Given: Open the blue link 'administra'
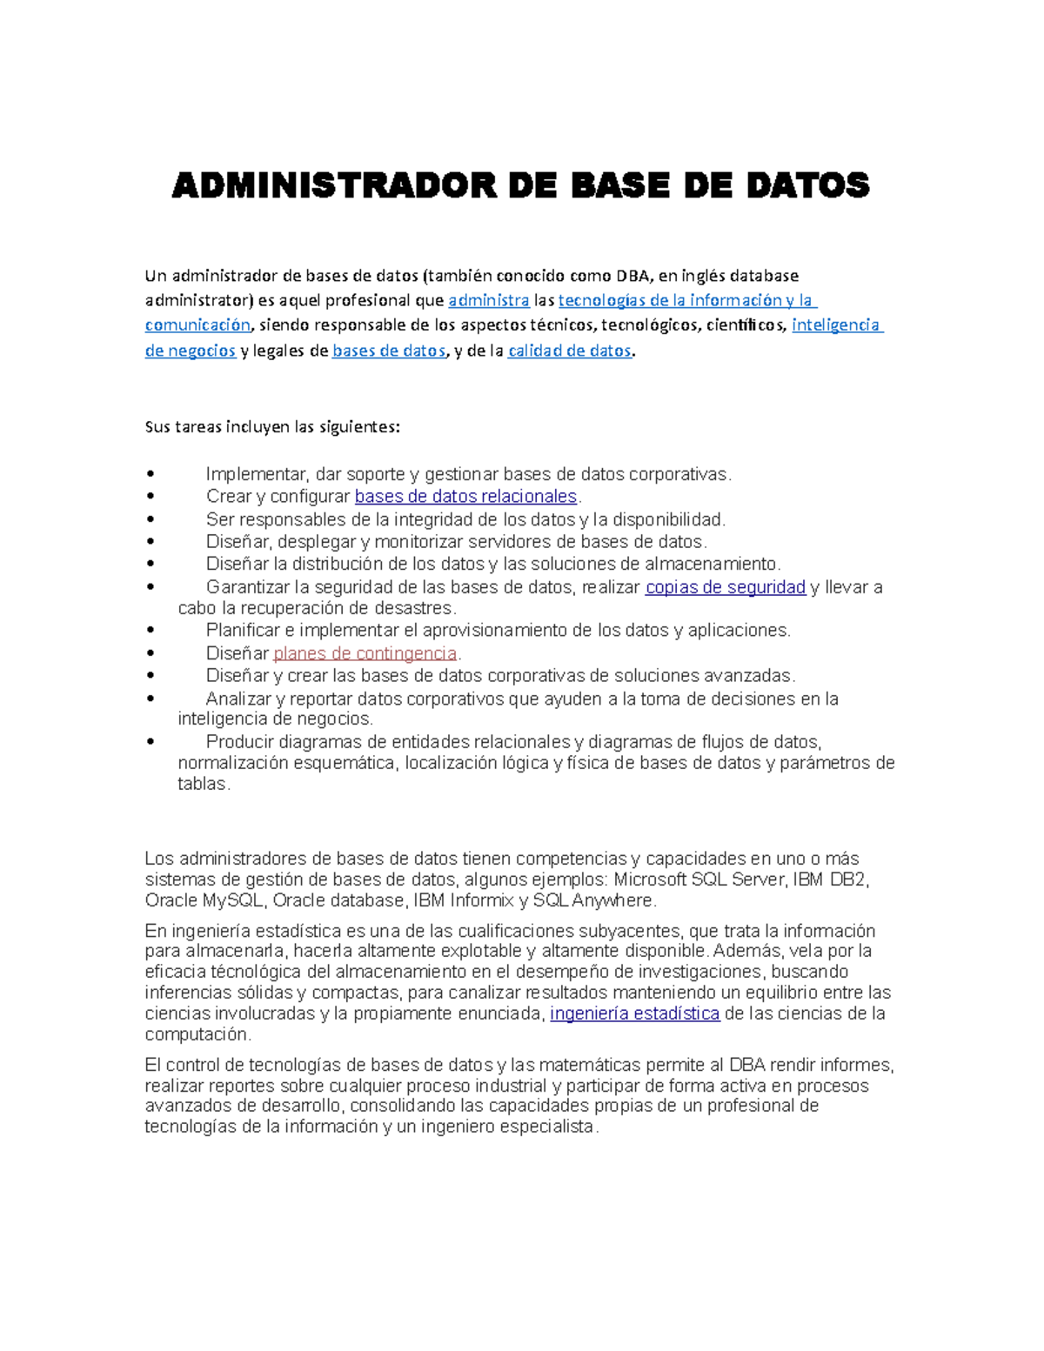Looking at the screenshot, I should coord(488,301).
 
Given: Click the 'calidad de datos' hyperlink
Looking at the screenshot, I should coord(569,351).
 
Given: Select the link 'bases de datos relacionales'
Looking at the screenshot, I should coord(465,497).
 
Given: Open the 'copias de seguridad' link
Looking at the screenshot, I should coord(725,588).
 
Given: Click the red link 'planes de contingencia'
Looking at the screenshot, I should coord(365,653).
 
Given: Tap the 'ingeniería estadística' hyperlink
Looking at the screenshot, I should coord(634,1013).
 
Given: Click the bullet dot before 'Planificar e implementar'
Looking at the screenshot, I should coord(151,631).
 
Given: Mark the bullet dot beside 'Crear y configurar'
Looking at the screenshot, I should coord(151,497).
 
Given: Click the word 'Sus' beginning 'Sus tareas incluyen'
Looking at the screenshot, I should coord(157,428).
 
